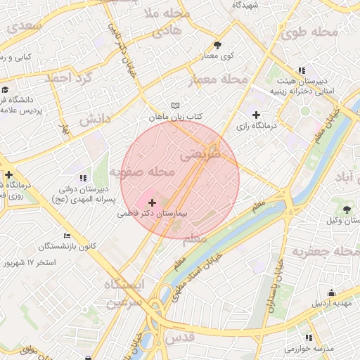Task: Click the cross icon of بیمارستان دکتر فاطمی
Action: tap(153, 202)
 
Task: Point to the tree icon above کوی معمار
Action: tap(217, 44)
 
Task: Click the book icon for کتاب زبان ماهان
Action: tap(176, 105)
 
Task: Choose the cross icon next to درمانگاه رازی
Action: tap(256, 114)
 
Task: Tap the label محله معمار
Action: tap(220, 79)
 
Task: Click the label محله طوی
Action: tap(307, 33)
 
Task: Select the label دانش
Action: tap(94, 120)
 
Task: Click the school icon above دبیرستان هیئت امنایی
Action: tap(302, 70)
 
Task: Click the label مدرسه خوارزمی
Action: tap(309, 348)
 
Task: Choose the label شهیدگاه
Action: tap(246, 5)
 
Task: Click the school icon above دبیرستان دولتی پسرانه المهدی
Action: tap(83, 178)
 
